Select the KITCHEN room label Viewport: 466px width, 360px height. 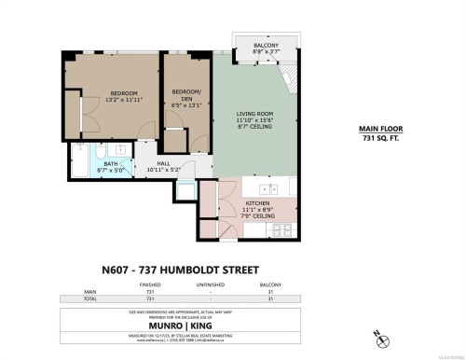click(x=258, y=202)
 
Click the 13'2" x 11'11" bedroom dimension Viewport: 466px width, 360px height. click(x=124, y=100)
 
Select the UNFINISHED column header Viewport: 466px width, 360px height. click(x=213, y=285)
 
